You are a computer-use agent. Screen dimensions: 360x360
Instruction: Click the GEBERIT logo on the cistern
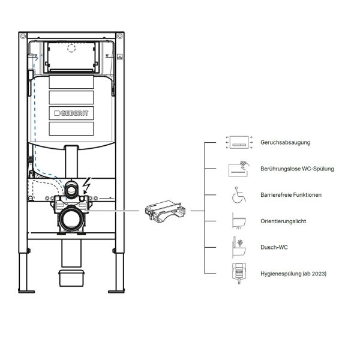click(x=72, y=112)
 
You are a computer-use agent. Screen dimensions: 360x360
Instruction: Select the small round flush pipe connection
click(x=72, y=191)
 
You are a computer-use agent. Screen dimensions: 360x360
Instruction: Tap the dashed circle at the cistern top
click(x=72, y=49)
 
